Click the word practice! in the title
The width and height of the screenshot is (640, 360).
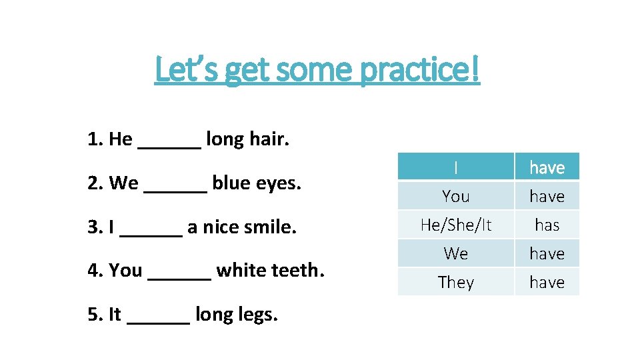coord(419,71)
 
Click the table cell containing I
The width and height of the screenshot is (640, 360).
coord(456,167)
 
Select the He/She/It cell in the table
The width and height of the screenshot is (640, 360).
coord(456,225)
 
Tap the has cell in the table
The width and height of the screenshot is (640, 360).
coord(547,225)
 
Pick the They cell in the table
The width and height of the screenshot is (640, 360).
coord(456,283)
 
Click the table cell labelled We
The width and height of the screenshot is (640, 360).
coord(456,254)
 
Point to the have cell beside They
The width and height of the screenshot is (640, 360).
coord(547,283)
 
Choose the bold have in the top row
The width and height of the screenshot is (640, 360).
coord(547,168)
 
